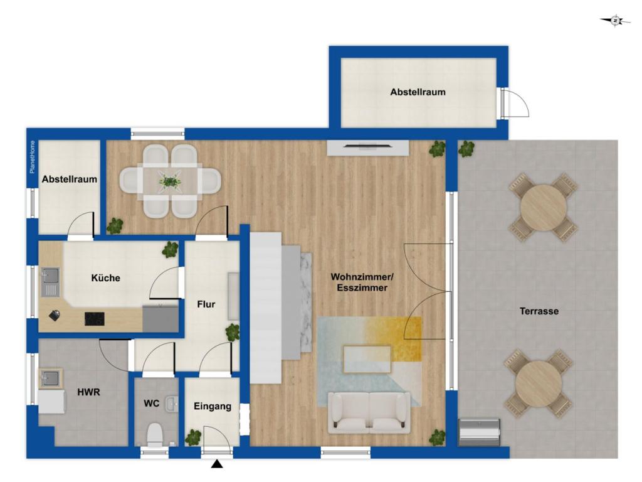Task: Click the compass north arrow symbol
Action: coord(615,21)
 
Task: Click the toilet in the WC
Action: coord(155,435)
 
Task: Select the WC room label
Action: coord(152,404)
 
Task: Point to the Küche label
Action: coord(105,278)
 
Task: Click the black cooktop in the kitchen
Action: coord(95,318)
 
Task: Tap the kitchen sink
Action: coord(50,282)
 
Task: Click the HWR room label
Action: coord(88,392)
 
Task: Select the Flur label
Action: coord(206,304)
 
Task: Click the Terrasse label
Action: coord(539,311)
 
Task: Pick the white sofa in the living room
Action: coord(369,412)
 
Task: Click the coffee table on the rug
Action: coord(367,360)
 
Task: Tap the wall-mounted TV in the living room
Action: coord(367,145)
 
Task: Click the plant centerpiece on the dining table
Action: coord(169,181)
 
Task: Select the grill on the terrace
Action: coord(479,432)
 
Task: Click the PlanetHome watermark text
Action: coord(33,157)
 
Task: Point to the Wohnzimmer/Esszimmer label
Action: coord(362,282)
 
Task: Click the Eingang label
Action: coord(213,406)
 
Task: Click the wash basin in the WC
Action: coord(172,404)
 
